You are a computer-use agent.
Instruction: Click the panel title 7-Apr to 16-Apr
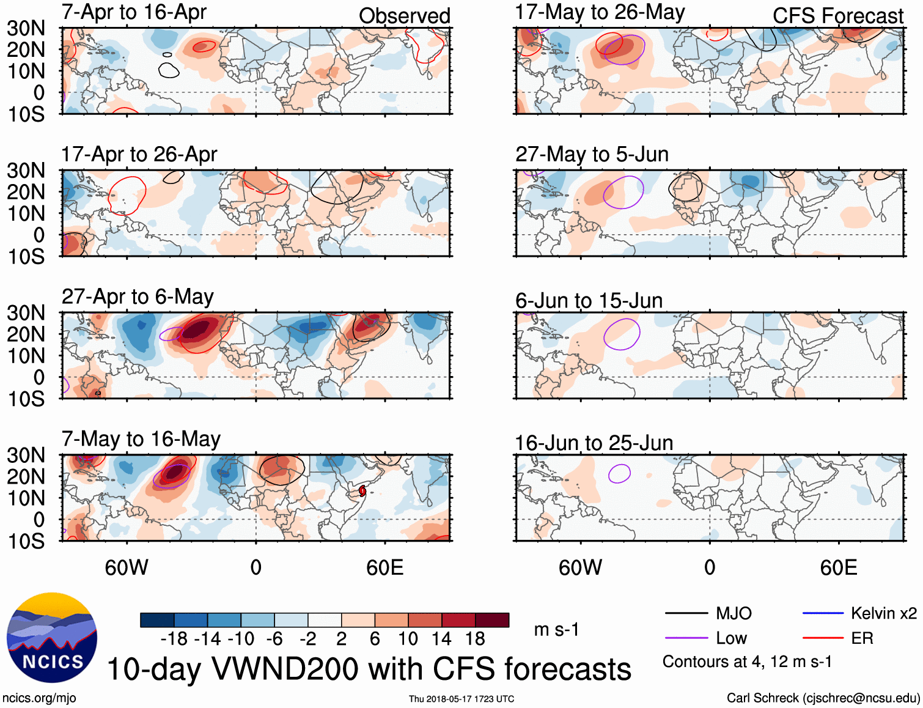[134, 12]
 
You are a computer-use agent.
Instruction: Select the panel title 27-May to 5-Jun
[592, 154]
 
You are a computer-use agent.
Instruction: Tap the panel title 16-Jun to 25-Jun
[594, 443]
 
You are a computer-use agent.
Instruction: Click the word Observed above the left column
[404, 16]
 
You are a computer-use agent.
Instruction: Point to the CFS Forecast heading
[837, 16]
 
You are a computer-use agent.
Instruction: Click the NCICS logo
[52, 638]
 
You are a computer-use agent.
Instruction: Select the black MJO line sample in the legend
[686, 613]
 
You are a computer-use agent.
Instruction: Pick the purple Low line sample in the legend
[686, 638]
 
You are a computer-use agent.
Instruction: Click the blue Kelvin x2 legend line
[823, 613]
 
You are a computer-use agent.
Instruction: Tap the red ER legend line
[823, 638]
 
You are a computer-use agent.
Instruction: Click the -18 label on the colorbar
[174, 639]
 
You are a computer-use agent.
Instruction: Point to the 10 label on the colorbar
[408, 639]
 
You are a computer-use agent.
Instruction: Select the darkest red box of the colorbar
[492, 620]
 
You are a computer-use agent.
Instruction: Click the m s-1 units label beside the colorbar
[556, 630]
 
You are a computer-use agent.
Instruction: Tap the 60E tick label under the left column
[384, 567]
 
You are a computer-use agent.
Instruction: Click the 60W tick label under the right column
[580, 567]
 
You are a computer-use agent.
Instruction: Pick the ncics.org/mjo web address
[39, 698]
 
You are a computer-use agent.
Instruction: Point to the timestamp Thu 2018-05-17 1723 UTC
[461, 699]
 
